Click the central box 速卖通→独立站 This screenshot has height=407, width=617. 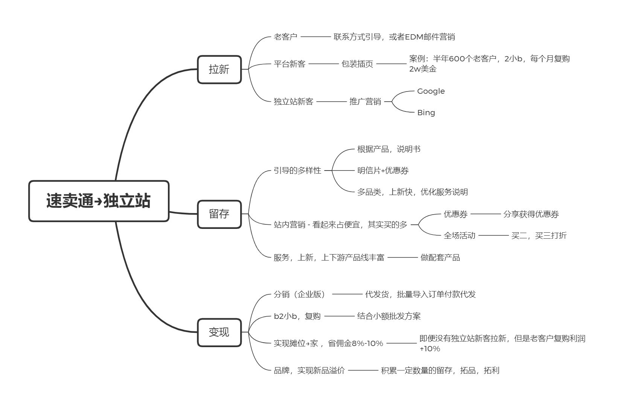pos(99,201)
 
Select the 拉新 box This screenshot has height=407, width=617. pos(219,69)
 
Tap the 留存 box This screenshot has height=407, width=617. pos(219,214)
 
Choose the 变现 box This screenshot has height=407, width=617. pos(219,332)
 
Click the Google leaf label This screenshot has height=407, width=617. pos(431,91)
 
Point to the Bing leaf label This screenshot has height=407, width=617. pos(426,113)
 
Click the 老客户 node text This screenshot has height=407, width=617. pos(285,37)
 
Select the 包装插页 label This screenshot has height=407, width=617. pos(357,64)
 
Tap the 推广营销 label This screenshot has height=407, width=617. pos(365,102)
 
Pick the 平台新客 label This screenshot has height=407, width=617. pos(289,64)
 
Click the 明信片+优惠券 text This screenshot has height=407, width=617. pos(383,171)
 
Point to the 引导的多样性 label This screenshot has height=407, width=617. pos(297,171)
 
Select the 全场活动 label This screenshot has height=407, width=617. pos(459,236)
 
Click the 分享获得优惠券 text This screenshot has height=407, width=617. pos(531,214)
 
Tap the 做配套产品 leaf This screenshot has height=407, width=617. pos(440,258)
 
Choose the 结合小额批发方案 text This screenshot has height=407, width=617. pos(389,316)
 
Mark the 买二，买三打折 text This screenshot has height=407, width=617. pos(539,236)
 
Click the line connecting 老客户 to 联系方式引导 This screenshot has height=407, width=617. pos(316,37)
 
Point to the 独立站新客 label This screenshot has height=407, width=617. pos(293,102)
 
